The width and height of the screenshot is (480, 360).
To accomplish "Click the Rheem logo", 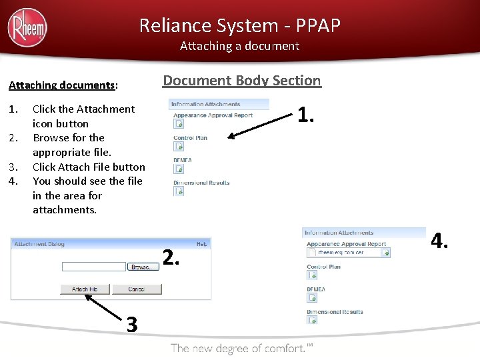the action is coord(27,28).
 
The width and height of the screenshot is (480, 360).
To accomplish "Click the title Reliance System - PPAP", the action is coord(240,25).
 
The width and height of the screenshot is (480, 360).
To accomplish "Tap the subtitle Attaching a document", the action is coord(240,46).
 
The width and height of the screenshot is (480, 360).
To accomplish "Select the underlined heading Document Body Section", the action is coord(242,81).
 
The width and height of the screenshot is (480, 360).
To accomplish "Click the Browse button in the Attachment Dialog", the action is coord(143,267).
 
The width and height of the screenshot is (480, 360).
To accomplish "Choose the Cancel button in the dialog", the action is coord(137,289).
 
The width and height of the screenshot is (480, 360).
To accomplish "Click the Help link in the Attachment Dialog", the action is coord(201,245).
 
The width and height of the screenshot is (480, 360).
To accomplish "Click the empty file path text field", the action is coord(94,267).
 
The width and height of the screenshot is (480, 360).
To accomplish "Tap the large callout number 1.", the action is coord(306,115).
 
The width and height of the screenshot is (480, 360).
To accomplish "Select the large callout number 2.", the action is coord(171,257).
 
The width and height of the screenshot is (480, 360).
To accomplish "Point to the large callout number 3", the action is coord(132,325).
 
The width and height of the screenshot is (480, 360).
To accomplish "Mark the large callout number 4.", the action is coord(439,240).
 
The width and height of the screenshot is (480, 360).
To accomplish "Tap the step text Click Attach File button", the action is coord(89,167).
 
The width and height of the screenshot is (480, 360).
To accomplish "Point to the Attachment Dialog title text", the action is coord(39,244).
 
